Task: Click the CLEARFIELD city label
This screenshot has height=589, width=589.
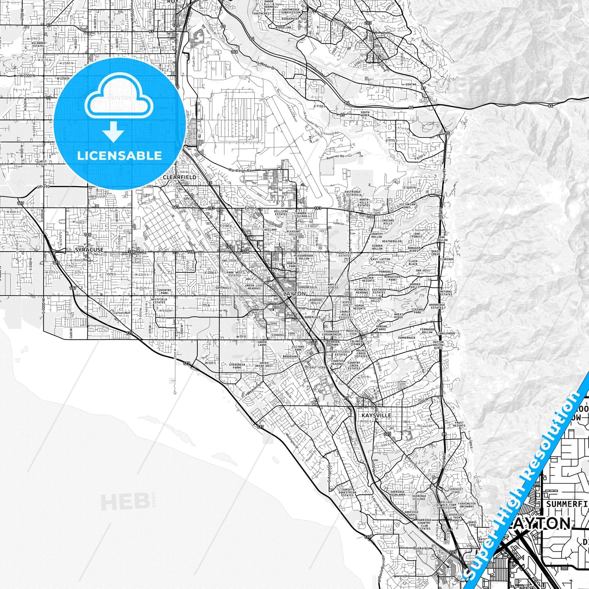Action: pos(179,177)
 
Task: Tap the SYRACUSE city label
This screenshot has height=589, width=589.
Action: pos(89,249)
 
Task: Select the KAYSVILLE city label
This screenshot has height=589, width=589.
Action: pos(376,415)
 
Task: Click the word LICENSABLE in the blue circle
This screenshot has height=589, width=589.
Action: pos(119,156)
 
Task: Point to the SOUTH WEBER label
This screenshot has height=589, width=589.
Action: pos(365,114)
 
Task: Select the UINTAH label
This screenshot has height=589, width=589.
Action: pos(411,84)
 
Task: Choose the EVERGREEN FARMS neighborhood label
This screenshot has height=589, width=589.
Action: pos(237,366)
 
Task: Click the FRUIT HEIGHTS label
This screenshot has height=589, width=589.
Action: pos(459,424)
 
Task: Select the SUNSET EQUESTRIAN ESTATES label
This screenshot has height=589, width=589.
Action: pos(348,492)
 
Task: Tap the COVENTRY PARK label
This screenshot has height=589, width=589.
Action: pos(164,291)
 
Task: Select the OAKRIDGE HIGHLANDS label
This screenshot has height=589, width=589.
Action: pos(397,493)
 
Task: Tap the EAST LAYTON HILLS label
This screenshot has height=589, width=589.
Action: pos(380,260)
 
